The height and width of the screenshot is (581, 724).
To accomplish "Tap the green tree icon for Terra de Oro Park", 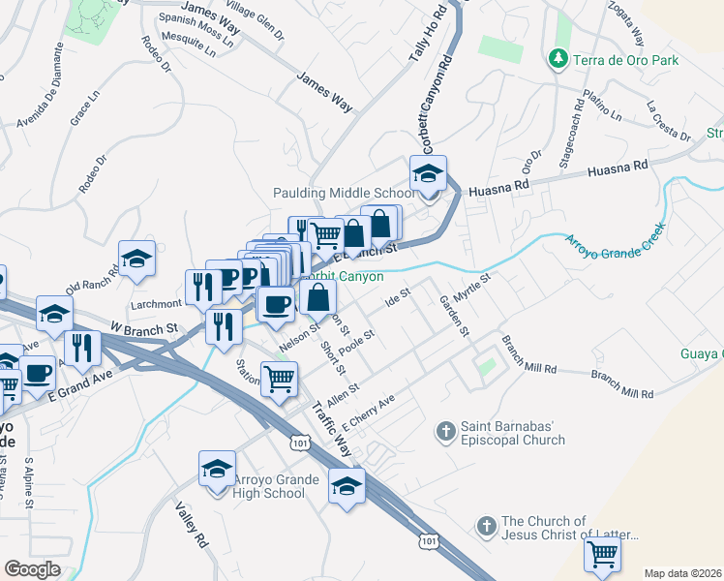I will click(558, 60).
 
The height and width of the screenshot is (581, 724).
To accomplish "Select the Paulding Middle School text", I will click(344, 193).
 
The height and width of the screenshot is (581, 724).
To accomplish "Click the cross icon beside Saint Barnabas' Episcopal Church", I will click(445, 430).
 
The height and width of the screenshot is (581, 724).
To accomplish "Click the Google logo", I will click(33, 568).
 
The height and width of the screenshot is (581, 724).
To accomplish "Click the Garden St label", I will click(454, 316).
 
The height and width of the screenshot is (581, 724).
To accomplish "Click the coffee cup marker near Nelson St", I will click(276, 304).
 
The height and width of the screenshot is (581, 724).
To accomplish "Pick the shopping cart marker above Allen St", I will click(279, 381).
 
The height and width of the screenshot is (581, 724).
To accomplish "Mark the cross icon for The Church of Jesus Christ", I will click(486, 528).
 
